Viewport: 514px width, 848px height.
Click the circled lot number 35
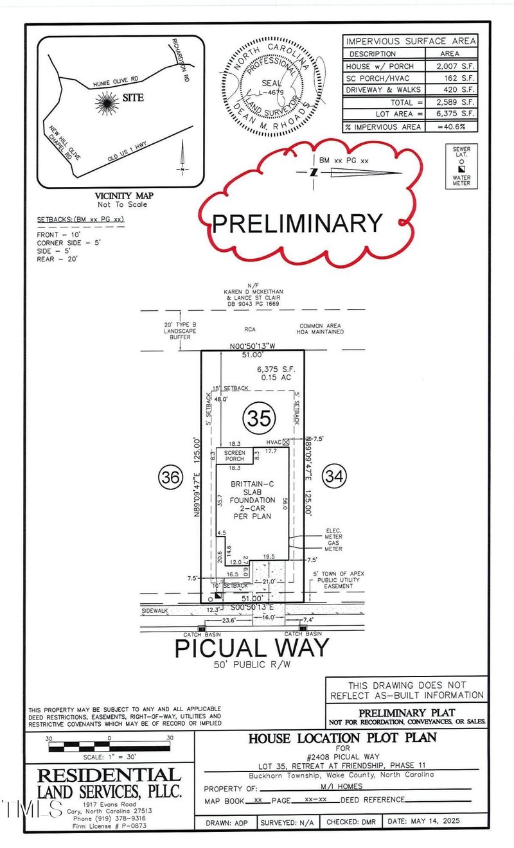[259, 418]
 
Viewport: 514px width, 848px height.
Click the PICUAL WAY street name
[252, 647]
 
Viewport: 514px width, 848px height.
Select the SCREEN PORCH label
[235, 456]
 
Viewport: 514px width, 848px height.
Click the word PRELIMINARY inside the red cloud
[297, 223]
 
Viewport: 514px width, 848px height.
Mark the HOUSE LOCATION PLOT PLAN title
[341, 739]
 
